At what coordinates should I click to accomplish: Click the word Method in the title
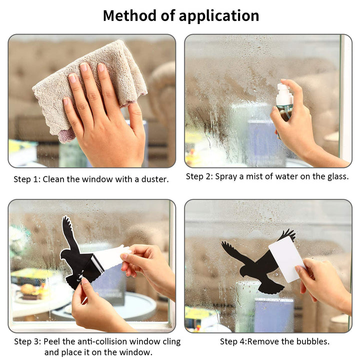129,15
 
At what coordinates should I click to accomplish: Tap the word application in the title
219,16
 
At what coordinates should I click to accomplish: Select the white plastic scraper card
287,259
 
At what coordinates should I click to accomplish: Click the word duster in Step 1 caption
155,179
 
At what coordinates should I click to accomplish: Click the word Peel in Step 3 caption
52,341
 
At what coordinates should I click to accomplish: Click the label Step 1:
27,179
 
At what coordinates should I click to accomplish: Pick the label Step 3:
27,341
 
